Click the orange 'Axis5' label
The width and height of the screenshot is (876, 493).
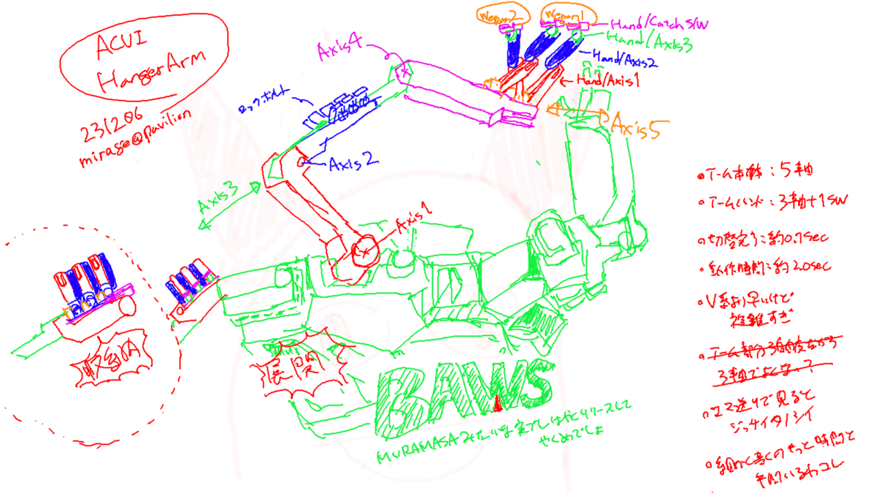[637, 125]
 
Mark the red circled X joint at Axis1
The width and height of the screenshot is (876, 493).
[363, 251]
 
